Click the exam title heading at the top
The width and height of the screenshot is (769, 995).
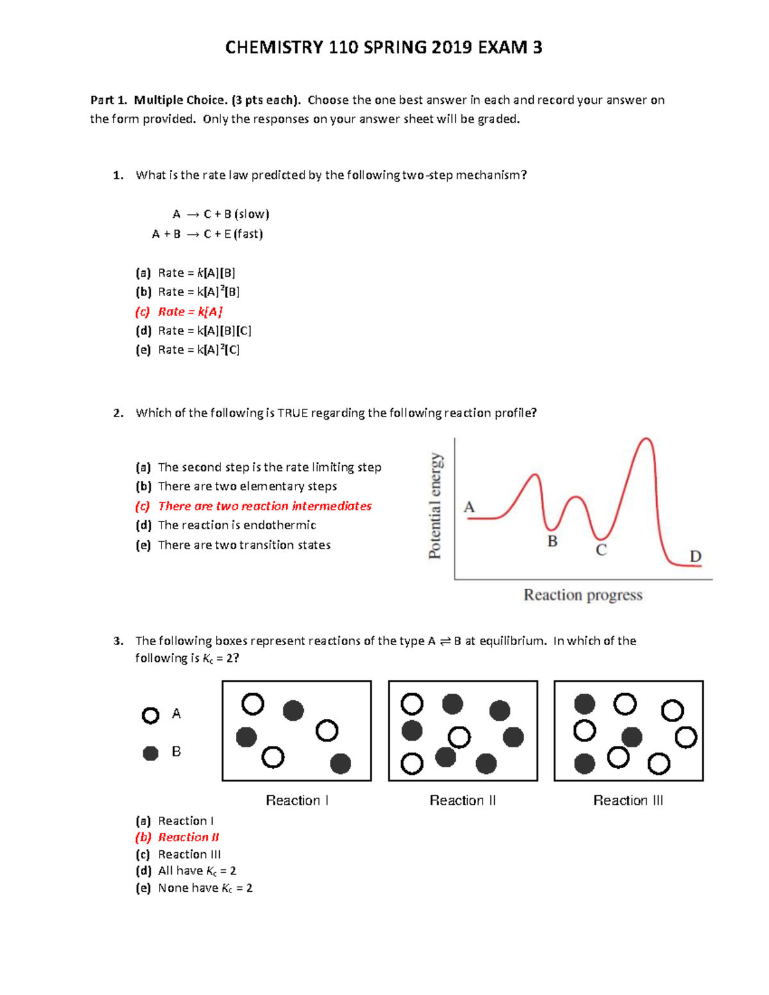383,47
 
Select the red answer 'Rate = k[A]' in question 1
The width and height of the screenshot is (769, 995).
190,311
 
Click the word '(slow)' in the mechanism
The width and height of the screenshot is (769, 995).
251,214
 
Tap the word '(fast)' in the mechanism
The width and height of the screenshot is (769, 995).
248,234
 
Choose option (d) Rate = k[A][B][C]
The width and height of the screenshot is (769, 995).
204,331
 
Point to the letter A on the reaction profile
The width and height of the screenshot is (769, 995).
469,507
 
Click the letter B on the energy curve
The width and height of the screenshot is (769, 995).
552,541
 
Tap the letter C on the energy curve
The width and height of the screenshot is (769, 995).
601,550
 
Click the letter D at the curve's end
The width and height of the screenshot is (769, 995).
695,556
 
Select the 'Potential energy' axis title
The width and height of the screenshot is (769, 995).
435,506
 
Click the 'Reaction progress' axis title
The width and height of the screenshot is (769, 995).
583,595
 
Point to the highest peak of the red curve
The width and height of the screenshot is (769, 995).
647,439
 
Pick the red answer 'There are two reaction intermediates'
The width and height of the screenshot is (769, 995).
264,506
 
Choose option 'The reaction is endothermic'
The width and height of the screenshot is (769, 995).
236,525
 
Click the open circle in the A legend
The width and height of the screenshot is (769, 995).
151,715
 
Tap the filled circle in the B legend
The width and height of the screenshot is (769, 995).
151,753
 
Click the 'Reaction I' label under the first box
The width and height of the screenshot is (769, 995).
297,800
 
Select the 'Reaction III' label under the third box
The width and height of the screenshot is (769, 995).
628,800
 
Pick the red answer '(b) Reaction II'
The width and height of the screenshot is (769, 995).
188,837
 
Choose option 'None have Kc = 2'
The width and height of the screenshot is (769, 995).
204,888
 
